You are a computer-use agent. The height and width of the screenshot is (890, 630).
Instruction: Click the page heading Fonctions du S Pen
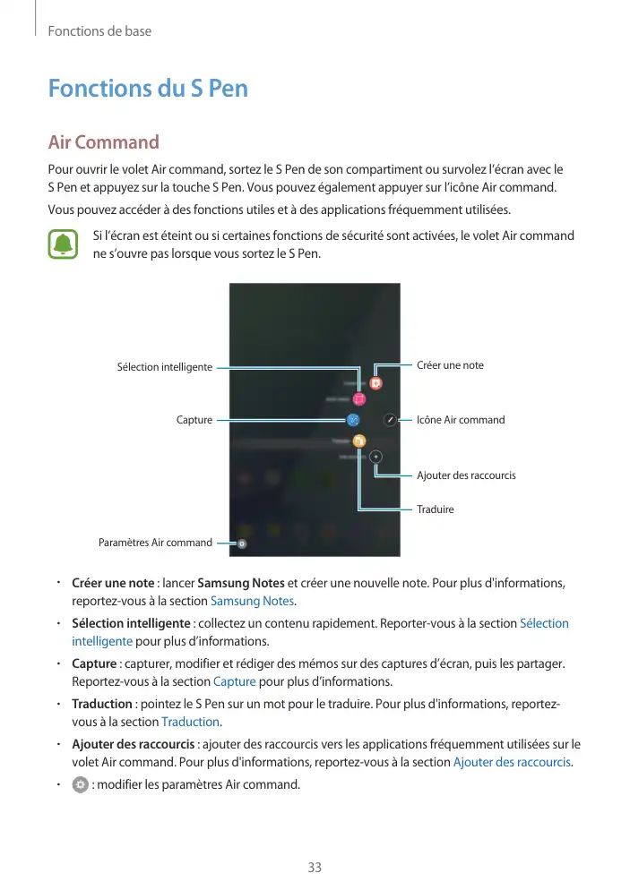(148, 90)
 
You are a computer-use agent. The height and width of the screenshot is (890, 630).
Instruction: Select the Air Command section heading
(104, 142)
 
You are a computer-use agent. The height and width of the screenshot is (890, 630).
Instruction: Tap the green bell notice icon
(64, 245)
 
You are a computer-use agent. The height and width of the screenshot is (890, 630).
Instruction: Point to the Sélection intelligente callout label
(165, 367)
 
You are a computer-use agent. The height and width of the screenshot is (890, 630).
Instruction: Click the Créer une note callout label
(450, 365)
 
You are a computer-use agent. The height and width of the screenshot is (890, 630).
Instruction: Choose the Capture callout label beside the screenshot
(194, 420)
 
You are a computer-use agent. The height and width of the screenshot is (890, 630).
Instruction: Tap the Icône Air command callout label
(461, 420)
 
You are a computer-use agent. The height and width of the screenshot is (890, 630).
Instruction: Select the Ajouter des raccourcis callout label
(466, 475)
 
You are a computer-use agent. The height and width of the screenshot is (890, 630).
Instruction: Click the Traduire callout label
(436, 509)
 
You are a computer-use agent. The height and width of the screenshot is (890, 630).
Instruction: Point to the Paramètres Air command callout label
(155, 543)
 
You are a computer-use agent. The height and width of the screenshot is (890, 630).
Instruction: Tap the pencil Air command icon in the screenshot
(390, 419)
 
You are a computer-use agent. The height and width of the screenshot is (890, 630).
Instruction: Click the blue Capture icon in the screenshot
(353, 419)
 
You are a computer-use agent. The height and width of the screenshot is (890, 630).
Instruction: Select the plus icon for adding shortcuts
(375, 456)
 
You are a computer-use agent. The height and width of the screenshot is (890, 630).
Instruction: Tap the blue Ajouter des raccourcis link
(512, 762)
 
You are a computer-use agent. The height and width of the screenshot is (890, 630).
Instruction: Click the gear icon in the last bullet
(80, 785)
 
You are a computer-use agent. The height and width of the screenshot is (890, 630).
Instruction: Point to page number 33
(315, 868)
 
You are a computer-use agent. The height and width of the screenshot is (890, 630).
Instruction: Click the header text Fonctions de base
(99, 31)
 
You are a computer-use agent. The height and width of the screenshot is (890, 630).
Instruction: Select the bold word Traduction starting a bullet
(101, 704)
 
